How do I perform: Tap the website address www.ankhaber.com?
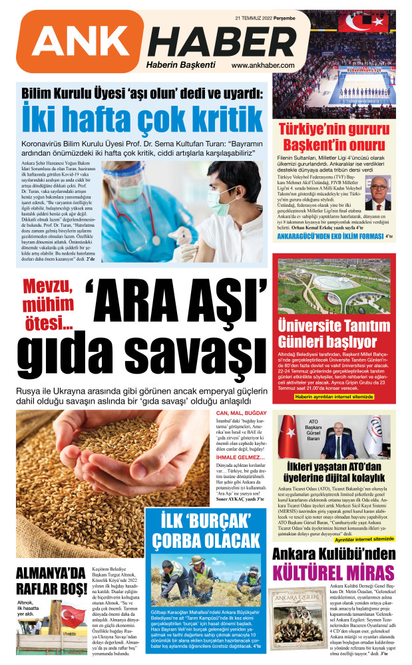[x=263, y=65]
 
